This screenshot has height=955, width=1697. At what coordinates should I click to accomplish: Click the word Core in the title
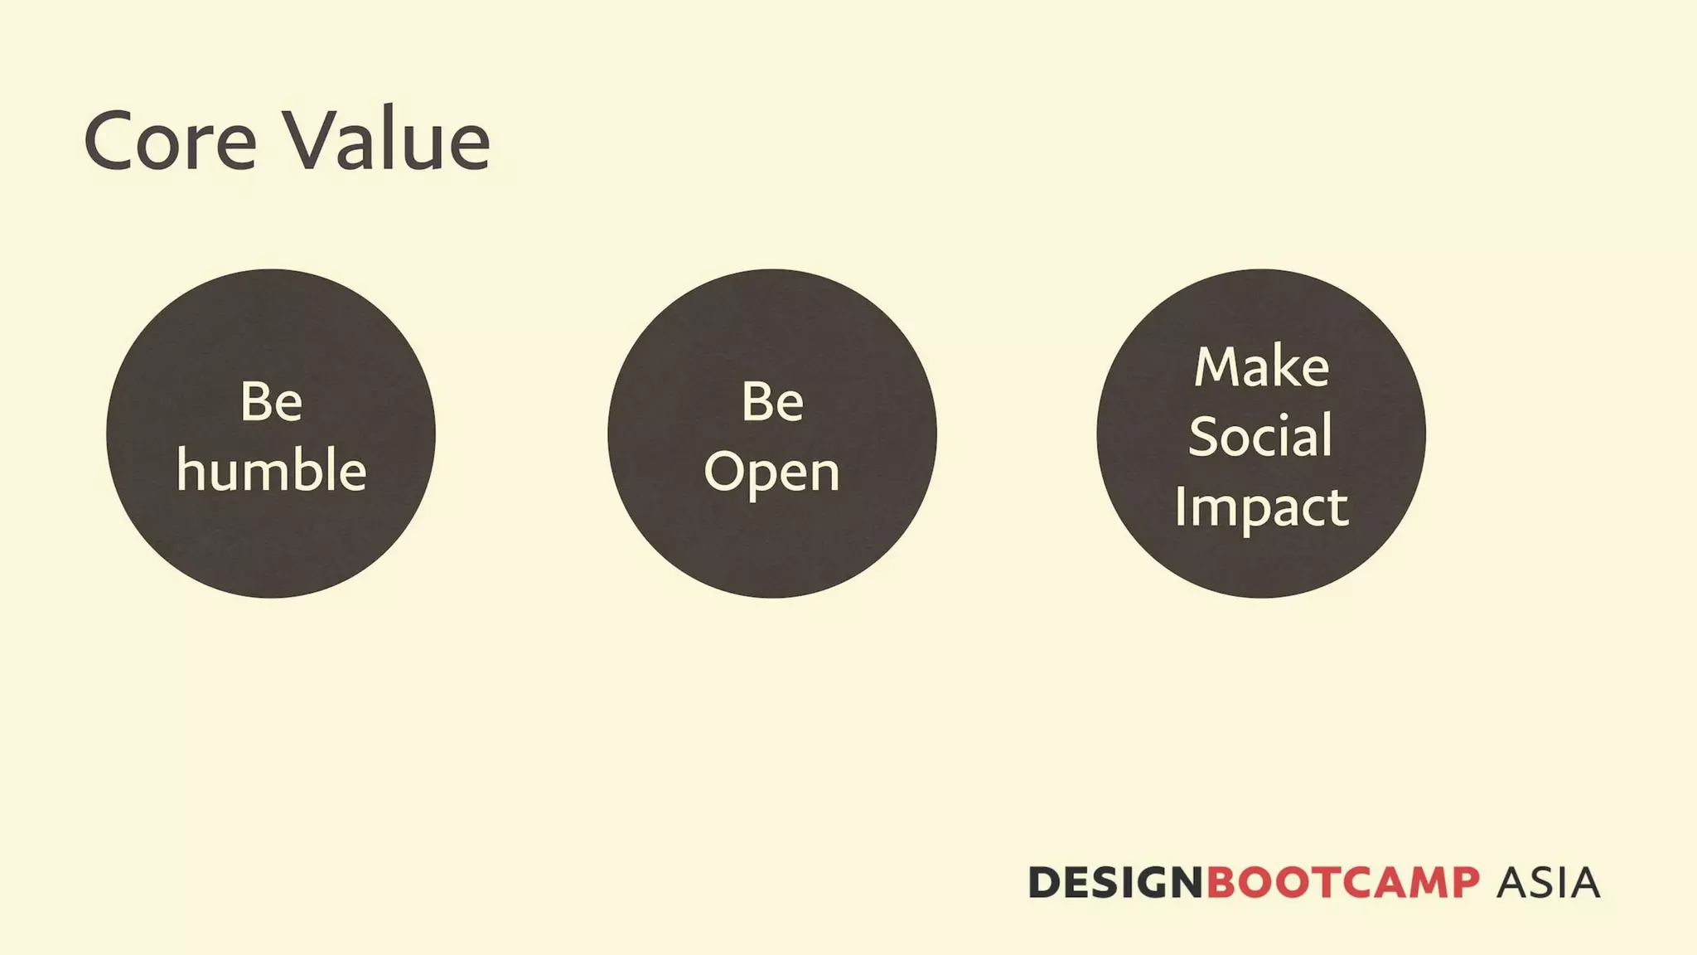(x=170, y=141)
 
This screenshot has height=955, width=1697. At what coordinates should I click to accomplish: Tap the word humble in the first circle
(x=271, y=470)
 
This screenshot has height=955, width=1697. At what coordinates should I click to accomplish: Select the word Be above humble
(x=271, y=402)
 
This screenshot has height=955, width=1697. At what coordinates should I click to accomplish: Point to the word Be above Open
(x=772, y=402)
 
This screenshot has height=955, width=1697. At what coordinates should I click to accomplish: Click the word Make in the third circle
(x=1261, y=366)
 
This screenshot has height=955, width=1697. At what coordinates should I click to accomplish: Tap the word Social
(x=1260, y=436)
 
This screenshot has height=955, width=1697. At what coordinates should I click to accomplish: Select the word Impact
(x=1261, y=507)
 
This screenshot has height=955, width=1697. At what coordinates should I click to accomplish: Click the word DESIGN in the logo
(x=1115, y=882)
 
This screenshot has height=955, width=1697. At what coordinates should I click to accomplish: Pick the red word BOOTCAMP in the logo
(x=1342, y=882)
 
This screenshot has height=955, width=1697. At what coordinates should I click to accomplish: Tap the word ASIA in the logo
(x=1548, y=882)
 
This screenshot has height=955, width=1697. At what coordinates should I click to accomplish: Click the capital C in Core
(x=111, y=141)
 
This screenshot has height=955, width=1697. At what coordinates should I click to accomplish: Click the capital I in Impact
(x=1180, y=505)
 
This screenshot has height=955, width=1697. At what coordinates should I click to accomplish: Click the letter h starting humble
(x=191, y=469)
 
